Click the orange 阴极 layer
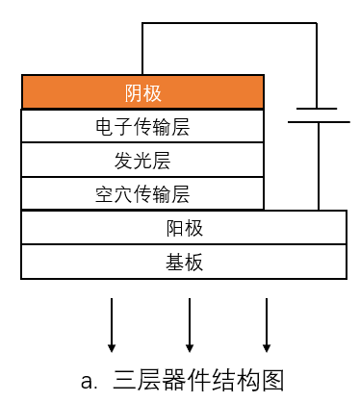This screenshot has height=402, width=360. point(142,93)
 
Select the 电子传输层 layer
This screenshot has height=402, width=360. point(142,126)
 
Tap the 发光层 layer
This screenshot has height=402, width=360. point(142,160)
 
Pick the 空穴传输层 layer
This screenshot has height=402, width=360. point(142,193)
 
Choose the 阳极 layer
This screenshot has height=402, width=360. point(184,228)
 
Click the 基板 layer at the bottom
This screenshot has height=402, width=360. point(184,261)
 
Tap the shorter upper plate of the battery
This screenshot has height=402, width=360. point(318,109)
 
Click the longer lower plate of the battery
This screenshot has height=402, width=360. point(318,123)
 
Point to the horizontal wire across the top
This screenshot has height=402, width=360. point(231,22)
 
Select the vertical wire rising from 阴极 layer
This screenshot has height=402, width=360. point(143,48)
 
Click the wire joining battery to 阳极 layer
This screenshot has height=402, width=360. point(318,168)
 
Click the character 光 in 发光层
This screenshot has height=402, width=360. point(142,160)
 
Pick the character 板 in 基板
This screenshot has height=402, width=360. point(193,261)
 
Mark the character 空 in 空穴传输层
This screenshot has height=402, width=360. point(104,193)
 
